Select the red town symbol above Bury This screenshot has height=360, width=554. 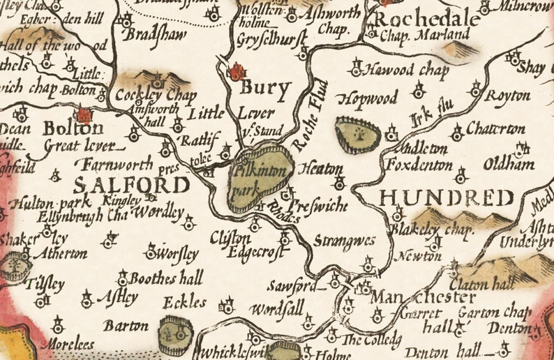click(238, 71)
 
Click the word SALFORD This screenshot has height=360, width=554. click(131, 185)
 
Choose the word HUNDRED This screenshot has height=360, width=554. click(447, 198)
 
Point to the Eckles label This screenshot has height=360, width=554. click(184, 302)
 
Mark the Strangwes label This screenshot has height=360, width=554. click(344, 241)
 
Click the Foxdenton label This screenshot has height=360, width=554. click(426, 165)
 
